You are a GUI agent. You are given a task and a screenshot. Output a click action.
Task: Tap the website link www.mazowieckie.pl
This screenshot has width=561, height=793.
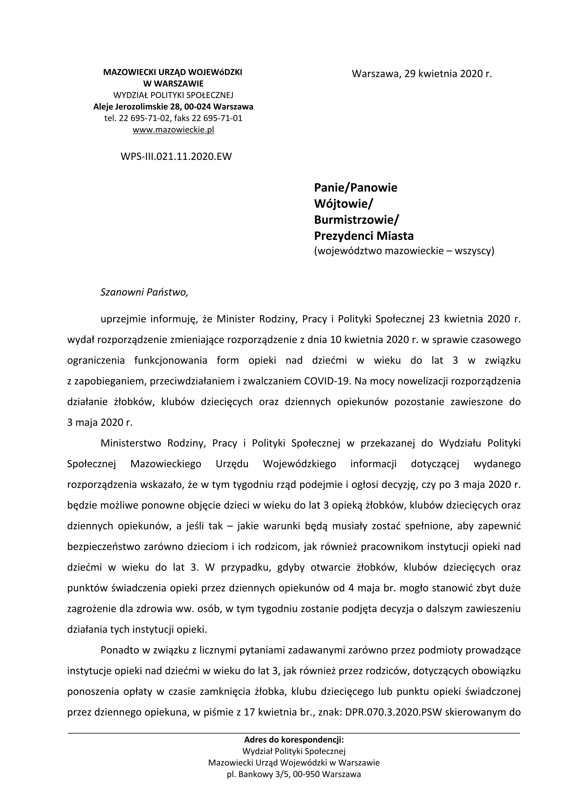pos(173,130)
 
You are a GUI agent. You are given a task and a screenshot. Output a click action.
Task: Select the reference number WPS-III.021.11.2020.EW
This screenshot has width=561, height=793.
pos(176,156)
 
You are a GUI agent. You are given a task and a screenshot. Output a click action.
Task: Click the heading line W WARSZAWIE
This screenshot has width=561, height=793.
pos(173,84)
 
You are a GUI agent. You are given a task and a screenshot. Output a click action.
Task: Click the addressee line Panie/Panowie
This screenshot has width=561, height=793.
pos(356,188)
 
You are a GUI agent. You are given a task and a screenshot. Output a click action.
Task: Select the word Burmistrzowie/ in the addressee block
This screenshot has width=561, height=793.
pos(356,220)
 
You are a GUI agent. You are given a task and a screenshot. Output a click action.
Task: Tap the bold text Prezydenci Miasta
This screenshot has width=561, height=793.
pos(363,236)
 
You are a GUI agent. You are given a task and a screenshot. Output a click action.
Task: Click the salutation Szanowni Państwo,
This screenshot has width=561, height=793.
pos(144,292)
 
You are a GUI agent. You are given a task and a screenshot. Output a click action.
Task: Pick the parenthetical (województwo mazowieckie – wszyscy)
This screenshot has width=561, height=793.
pos(404,251)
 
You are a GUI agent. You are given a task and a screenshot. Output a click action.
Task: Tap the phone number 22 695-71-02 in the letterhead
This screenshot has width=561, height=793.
pos(144,118)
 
